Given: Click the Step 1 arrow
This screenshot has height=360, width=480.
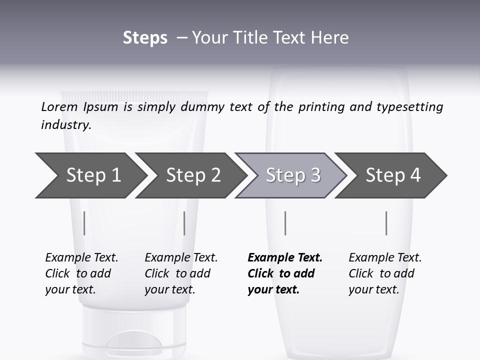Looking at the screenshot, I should point(90,175).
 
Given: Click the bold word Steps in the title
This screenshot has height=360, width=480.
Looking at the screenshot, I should point(145,38).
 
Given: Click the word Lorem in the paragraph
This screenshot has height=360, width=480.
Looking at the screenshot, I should point(59,107).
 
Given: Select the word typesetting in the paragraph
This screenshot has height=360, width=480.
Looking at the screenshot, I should point(409,107).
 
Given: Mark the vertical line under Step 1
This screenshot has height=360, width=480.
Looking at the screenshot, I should point(84,223).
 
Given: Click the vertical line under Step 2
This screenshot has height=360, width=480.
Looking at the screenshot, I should point(184,223).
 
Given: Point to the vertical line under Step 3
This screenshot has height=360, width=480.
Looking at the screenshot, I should point(285,223).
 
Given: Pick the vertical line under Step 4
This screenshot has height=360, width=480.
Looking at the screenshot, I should point(386,223).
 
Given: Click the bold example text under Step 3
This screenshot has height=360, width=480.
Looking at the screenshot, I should point(284,273).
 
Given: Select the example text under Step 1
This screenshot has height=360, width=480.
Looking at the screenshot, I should point(81,273).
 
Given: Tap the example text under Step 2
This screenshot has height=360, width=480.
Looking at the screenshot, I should point(181,273).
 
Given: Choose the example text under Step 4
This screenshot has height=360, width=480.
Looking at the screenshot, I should point(385,273).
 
